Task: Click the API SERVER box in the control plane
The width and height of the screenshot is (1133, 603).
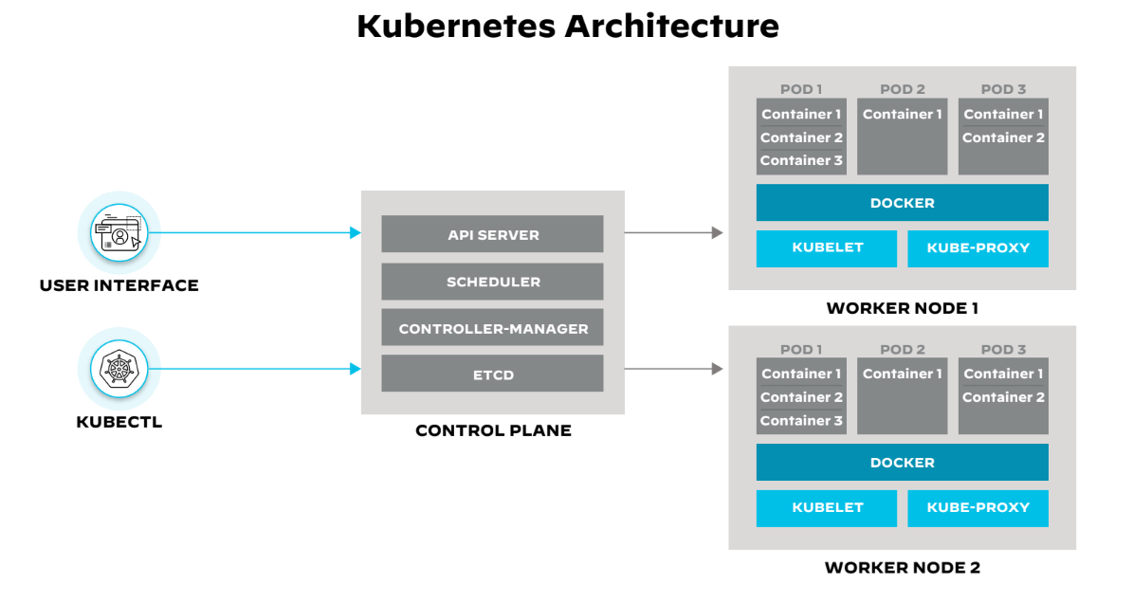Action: [x=492, y=234]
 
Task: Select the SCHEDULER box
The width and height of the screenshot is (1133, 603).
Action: [x=492, y=282]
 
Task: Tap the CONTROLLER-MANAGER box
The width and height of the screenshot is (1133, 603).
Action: [x=492, y=328]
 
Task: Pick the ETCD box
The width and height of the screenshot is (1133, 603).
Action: [x=492, y=374]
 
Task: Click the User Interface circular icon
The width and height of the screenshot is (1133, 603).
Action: [x=119, y=232]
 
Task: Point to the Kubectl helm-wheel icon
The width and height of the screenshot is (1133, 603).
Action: [x=119, y=369]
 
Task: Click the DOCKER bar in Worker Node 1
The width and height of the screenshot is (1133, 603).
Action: [x=902, y=203]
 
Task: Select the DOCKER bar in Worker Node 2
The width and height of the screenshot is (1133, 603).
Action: [x=902, y=463]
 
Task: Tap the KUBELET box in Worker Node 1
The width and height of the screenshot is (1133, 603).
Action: [x=827, y=248]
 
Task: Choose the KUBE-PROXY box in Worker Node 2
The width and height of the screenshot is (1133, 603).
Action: [x=978, y=508]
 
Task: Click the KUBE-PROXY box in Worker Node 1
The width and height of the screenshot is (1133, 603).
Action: [x=978, y=248]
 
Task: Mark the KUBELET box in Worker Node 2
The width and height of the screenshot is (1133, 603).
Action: [x=827, y=508]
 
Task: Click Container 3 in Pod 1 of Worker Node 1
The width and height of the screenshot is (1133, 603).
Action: [x=801, y=161]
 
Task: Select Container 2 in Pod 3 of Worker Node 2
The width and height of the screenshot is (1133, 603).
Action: [x=1003, y=397]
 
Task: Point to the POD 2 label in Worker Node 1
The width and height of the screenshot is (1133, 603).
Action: [x=902, y=89]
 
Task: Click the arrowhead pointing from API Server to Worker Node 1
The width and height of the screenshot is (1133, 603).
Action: [x=717, y=232]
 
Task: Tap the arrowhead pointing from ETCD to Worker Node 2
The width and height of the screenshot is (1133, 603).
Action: [x=717, y=369]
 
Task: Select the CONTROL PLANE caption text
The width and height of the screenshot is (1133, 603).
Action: [x=493, y=430]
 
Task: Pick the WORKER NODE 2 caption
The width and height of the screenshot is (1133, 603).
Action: [x=902, y=568]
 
